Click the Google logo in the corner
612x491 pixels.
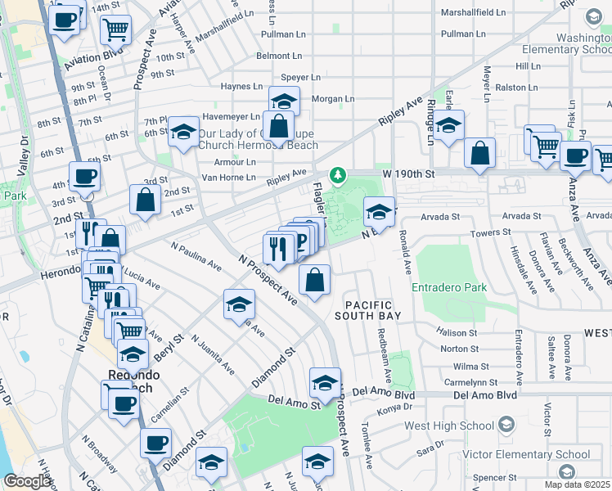(27, 481)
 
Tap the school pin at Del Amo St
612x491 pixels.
(325, 383)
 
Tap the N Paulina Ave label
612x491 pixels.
(196, 255)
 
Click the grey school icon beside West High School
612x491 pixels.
(506, 424)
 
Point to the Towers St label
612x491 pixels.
(491, 233)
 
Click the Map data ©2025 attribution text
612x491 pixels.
(577, 484)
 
